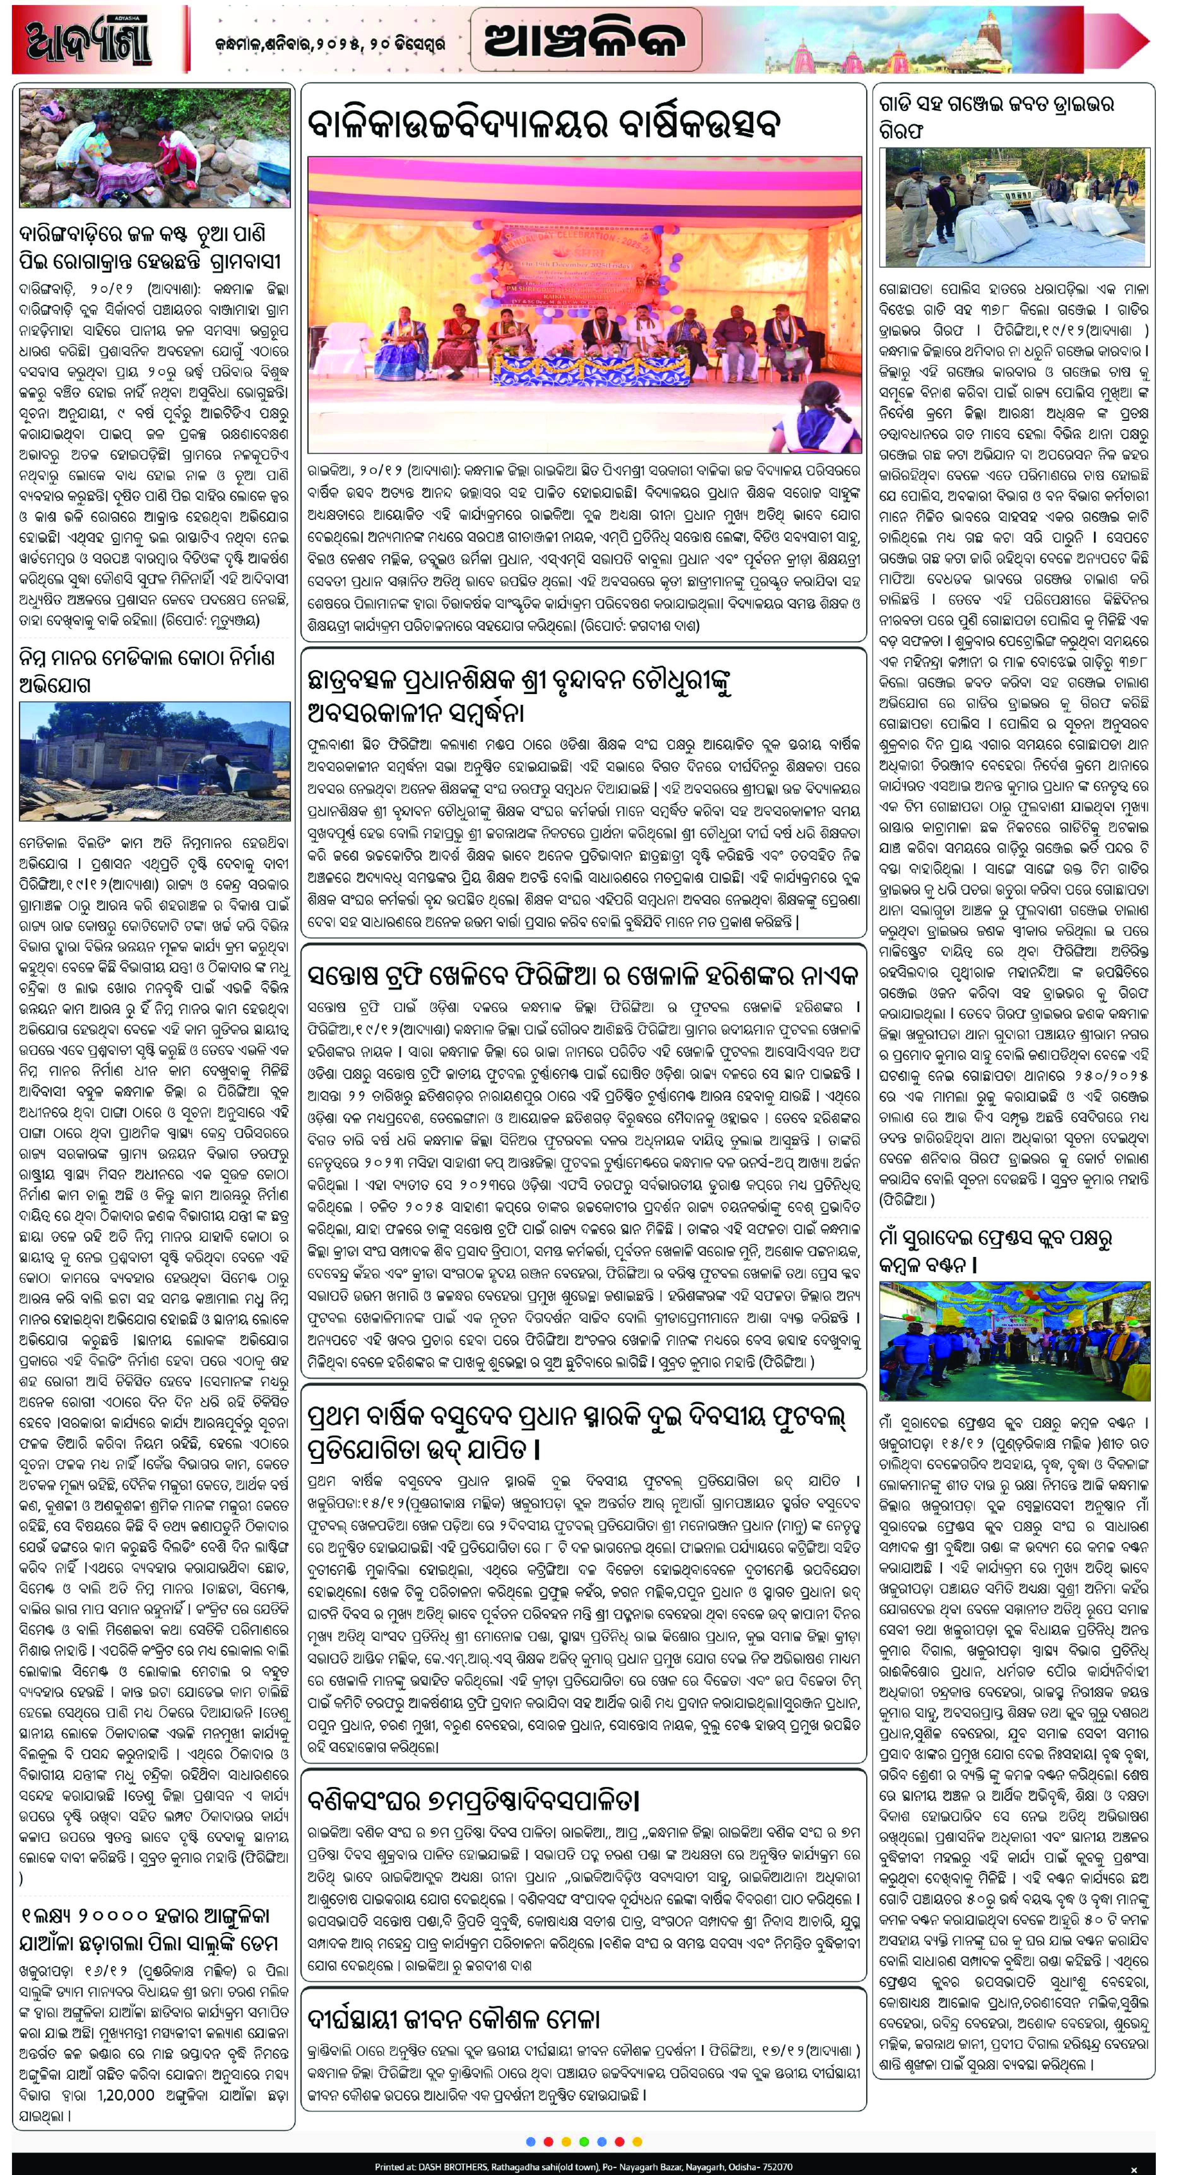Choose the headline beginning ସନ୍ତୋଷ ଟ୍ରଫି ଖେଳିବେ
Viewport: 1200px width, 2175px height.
(583, 977)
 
